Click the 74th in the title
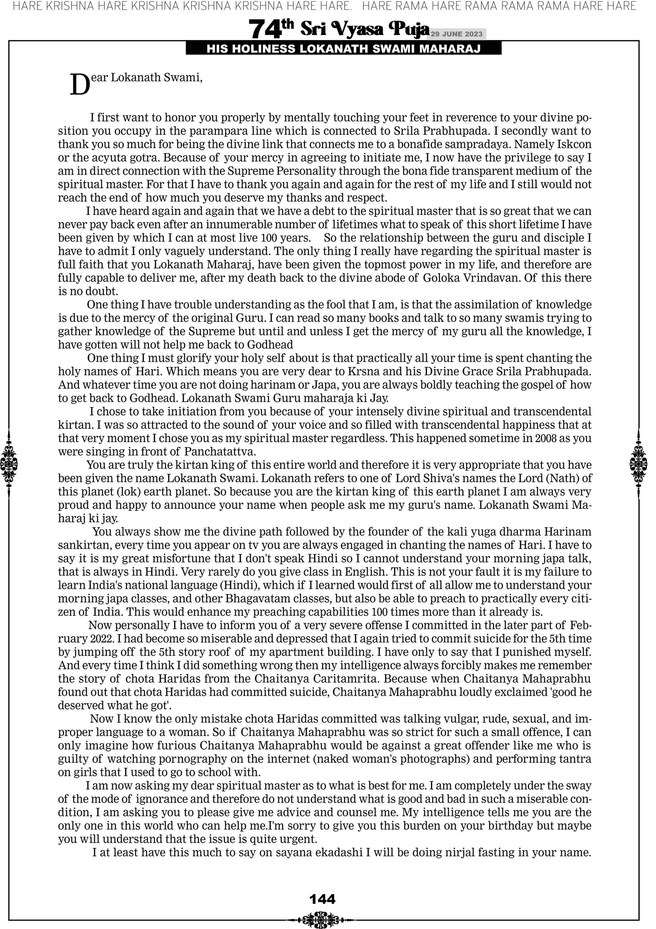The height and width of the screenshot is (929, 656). point(270,29)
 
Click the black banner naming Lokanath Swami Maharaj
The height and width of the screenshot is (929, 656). point(344,49)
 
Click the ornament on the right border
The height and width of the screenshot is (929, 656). point(639,464)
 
